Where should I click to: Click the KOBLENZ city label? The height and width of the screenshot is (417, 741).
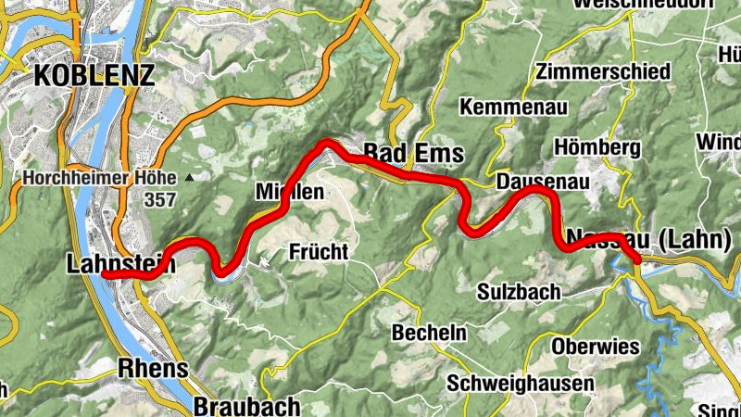94,75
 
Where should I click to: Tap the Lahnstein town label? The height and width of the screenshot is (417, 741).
120,264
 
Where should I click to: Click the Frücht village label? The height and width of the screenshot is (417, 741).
318,251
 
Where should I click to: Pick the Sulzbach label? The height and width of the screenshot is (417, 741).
519,291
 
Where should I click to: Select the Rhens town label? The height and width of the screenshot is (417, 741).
154,369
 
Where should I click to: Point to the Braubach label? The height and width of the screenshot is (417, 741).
247,406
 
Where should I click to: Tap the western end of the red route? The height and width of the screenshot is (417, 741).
105,275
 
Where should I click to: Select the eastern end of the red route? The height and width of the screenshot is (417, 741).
636,260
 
